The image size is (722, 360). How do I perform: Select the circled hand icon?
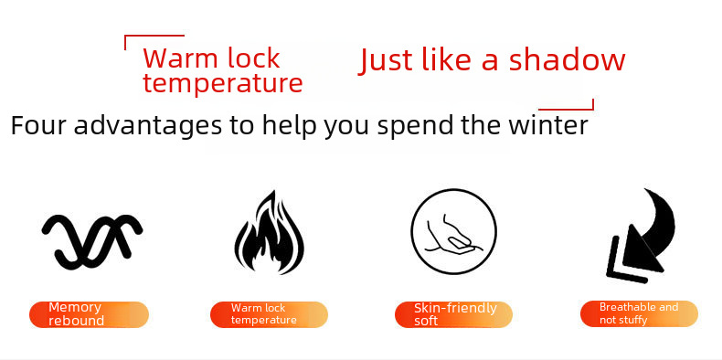click(x=453, y=231)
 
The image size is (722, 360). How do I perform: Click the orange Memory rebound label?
click(x=89, y=314)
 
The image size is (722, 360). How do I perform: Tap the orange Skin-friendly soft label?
click(x=453, y=315)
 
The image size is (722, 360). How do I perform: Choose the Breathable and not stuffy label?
click(x=639, y=314)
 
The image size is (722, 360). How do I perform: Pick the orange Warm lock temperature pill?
click(x=269, y=315)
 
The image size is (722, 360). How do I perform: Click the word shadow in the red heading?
click(x=568, y=60)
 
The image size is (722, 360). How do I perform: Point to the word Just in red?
click(x=386, y=61)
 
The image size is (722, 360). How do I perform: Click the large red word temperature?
click(x=223, y=83)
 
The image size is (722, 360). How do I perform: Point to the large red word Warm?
click(x=178, y=58)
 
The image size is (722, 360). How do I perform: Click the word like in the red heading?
click(x=447, y=59)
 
